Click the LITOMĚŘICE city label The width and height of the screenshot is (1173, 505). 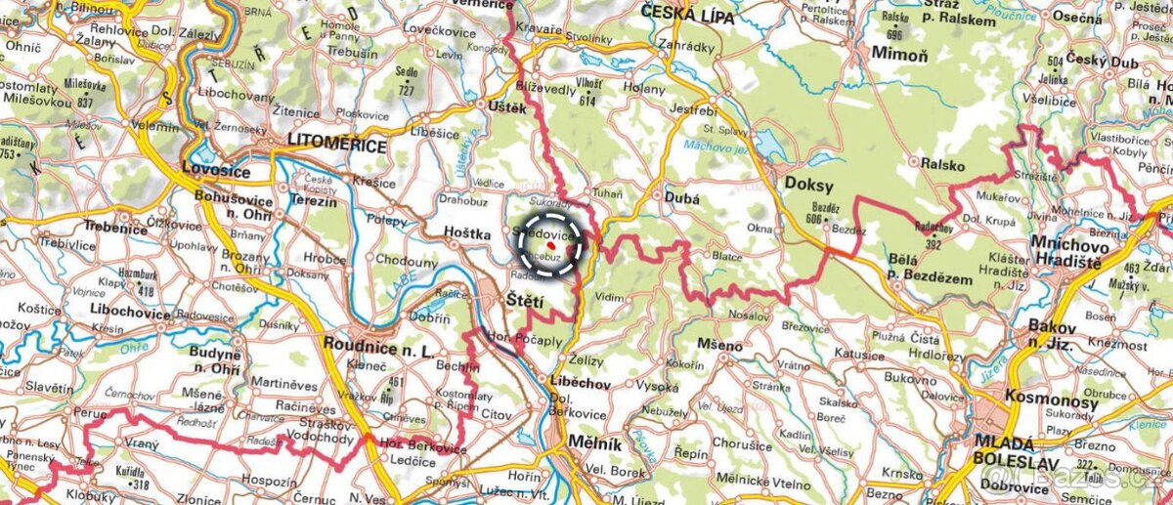pyautogui.click(x=337, y=146)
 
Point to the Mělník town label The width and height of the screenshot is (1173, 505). pyautogui.click(x=595, y=444)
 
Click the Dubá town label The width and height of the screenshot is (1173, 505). pyautogui.click(x=682, y=197)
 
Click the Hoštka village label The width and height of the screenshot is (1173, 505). pyautogui.click(x=465, y=235)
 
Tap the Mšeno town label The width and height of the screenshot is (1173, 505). pyautogui.click(x=719, y=345)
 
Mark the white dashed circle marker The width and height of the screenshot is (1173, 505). pyautogui.click(x=549, y=244)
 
